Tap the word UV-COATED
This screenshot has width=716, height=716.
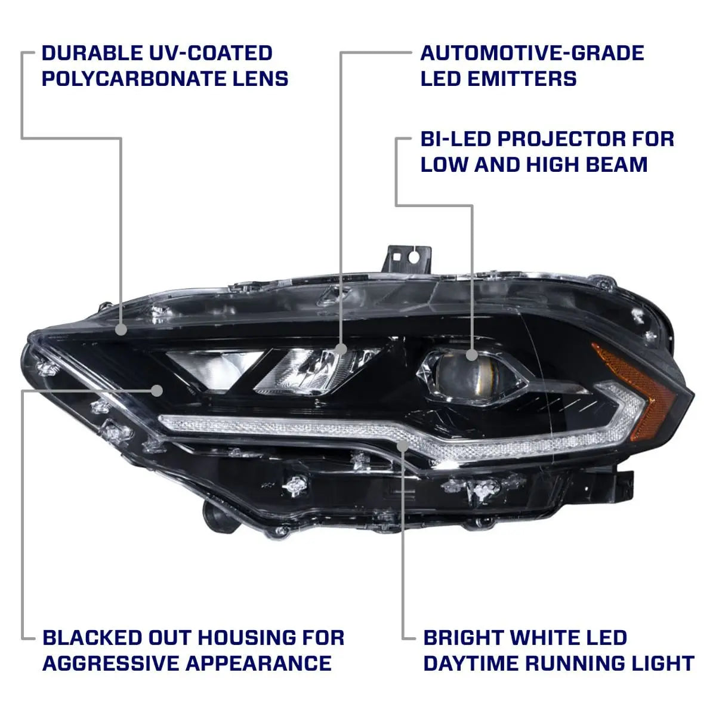pos(211,53)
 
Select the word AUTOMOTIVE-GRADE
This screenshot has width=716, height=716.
pos(532,53)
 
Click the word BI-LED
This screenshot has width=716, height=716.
pos(455,140)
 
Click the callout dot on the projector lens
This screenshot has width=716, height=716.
pos(471,355)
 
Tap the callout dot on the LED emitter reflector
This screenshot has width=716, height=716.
pos(341,349)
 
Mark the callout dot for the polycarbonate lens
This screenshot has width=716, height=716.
pos(121,329)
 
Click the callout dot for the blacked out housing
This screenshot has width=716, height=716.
pos(157,390)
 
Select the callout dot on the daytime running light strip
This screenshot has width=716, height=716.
pos(403,446)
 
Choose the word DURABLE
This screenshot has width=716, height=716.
pos(92,53)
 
